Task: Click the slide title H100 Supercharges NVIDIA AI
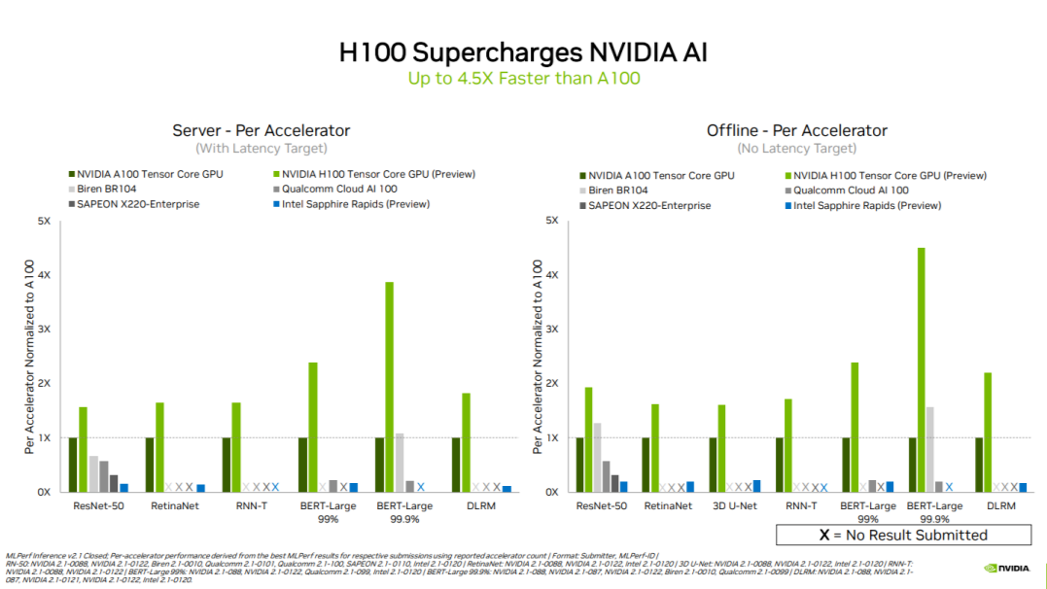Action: coord(523,51)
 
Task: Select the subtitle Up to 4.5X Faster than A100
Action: coord(523,79)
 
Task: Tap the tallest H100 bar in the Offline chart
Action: coord(921,369)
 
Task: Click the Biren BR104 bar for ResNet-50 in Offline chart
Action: coord(597,457)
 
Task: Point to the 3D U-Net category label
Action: coord(735,505)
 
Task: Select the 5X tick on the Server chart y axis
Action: coord(45,221)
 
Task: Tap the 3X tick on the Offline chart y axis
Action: coord(552,329)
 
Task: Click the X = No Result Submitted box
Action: coord(903,535)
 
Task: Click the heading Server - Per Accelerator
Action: coord(261,130)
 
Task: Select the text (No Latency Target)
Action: coord(796,148)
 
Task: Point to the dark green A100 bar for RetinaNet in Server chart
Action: coord(150,465)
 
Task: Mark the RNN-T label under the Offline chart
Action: coord(801,505)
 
